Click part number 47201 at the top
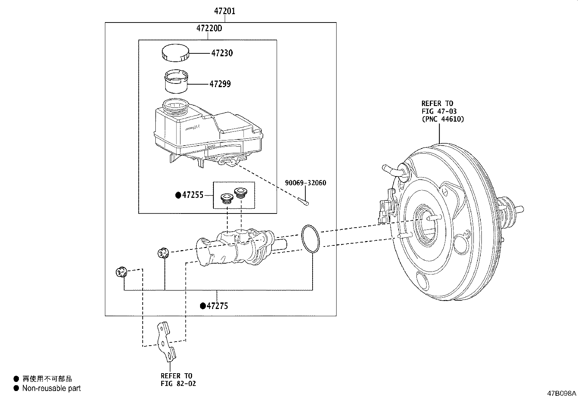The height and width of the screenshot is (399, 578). pos(224,11)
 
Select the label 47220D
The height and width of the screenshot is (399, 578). pos(209,28)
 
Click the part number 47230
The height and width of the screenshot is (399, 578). pos(222,53)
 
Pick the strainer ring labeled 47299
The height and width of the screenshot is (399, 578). pos(176,81)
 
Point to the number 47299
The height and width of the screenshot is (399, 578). pos(220,84)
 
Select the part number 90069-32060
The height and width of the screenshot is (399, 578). pos(305,183)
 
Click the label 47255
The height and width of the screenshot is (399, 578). pos(192,195)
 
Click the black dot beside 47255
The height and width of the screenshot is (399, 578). pos(178,195)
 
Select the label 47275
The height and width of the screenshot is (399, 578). pos(217,306)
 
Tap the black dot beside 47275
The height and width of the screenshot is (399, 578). pos(203,306)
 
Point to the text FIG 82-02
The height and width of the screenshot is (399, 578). pos(178,383)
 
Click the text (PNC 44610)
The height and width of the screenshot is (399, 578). pos(443,119)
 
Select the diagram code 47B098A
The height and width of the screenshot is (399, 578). pos(562,394)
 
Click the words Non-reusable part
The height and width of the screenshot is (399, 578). pos(51,388)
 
